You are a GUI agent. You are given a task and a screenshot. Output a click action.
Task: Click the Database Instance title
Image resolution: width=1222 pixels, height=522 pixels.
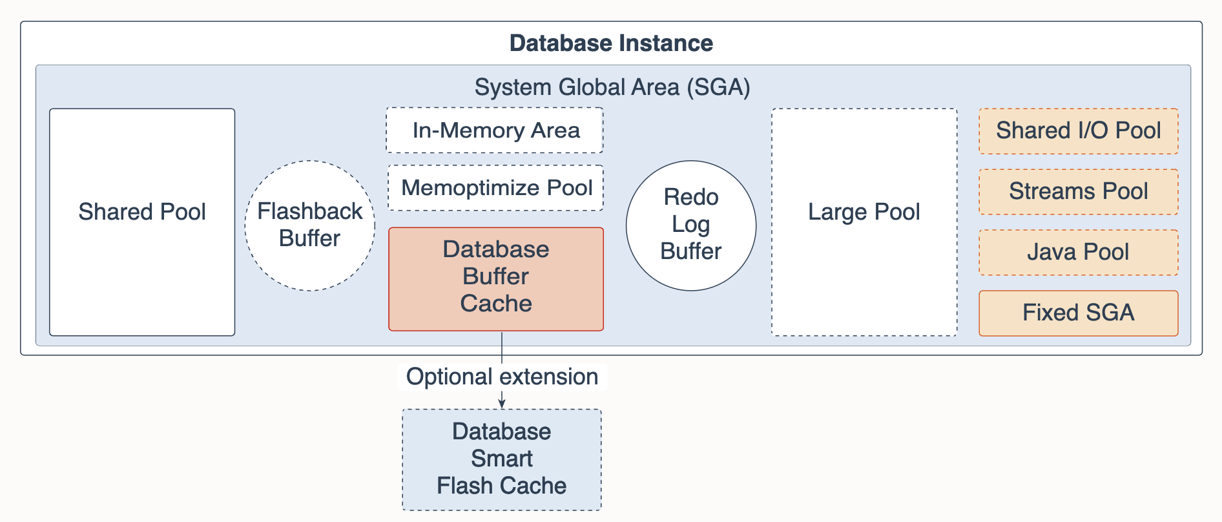(x=611, y=43)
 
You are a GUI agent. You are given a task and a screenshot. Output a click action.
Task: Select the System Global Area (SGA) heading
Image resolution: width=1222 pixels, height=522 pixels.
(x=612, y=87)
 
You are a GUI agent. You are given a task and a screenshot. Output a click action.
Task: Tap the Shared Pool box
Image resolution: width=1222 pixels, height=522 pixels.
(x=142, y=222)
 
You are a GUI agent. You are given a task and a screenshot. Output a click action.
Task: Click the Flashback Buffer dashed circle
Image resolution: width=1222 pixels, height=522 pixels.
(x=310, y=225)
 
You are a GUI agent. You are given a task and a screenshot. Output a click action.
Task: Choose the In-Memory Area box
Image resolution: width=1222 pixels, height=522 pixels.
(x=495, y=130)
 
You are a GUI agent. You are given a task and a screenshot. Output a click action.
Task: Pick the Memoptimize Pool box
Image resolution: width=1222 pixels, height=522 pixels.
(x=495, y=188)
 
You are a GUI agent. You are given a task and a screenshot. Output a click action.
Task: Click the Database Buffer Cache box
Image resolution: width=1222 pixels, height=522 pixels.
(x=496, y=279)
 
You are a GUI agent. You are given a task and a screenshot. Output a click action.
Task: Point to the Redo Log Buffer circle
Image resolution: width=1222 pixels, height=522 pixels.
(x=691, y=225)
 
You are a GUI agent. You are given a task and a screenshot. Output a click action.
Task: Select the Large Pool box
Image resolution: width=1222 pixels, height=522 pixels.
(x=864, y=222)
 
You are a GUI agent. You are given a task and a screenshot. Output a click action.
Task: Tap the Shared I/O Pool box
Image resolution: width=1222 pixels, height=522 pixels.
(x=1079, y=131)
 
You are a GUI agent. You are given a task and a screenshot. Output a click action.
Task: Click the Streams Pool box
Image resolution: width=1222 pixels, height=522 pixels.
(x=1079, y=192)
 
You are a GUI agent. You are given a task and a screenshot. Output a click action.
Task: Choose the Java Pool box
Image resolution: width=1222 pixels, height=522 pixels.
(x=1079, y=253)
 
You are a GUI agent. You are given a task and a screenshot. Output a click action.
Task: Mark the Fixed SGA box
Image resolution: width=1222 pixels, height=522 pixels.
(x=1079, y=313)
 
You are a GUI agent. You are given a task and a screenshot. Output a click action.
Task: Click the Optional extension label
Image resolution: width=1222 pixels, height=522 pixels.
(x=502, y=377)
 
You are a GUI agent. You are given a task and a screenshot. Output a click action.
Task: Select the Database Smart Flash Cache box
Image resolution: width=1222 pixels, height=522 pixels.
(x=502, y=460)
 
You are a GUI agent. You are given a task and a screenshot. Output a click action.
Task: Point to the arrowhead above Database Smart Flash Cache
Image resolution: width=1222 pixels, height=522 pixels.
(x=502, y=404)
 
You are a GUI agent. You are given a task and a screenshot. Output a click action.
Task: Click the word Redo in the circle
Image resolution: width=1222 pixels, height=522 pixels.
(x=691, y=197)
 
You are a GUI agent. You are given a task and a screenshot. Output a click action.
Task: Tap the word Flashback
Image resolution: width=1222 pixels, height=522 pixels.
(x=310, y=211)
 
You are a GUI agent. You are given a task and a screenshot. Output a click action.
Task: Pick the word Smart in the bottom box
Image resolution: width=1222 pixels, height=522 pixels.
(x=502, y=459)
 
